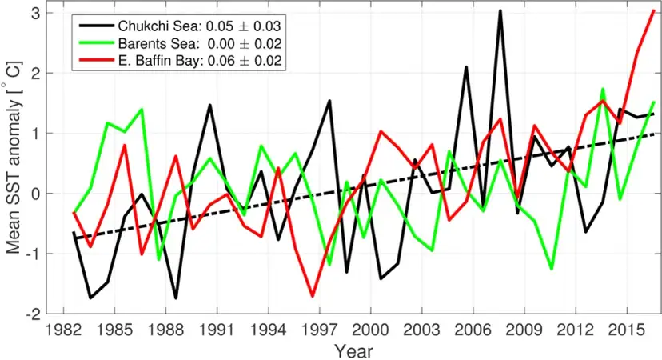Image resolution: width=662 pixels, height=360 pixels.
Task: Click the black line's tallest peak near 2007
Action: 500,11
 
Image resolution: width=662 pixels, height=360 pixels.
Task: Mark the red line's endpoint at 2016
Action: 653,11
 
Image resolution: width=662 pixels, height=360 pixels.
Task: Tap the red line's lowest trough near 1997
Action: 313,296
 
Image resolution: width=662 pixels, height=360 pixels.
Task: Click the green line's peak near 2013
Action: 603,89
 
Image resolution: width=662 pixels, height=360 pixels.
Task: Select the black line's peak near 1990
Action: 209,105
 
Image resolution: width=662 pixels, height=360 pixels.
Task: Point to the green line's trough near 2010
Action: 552,269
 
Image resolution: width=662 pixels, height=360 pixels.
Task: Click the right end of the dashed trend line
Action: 653,134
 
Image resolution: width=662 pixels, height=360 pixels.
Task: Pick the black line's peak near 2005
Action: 466,67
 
